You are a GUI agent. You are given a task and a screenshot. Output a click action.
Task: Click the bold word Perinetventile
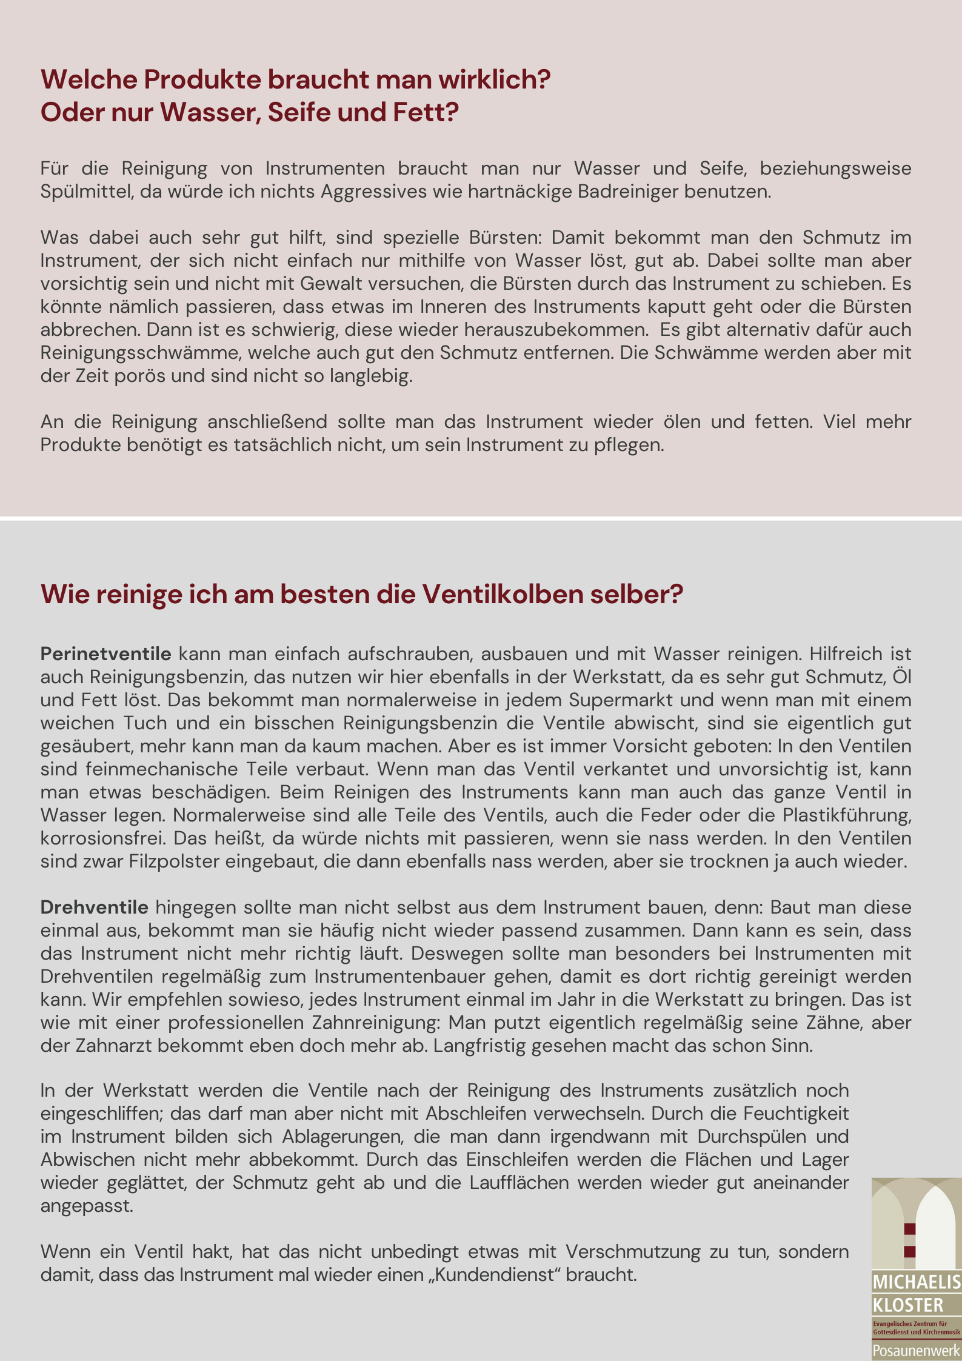[106, 654]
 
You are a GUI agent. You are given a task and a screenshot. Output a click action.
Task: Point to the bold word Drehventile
[95, 908]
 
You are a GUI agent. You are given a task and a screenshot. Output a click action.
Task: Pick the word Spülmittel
[87, 192]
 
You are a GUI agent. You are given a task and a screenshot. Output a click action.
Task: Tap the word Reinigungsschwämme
[141, 353]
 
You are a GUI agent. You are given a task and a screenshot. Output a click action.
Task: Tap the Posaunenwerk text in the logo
[916, 1351]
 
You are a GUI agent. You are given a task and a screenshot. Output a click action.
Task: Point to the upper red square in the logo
[909, 1229]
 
